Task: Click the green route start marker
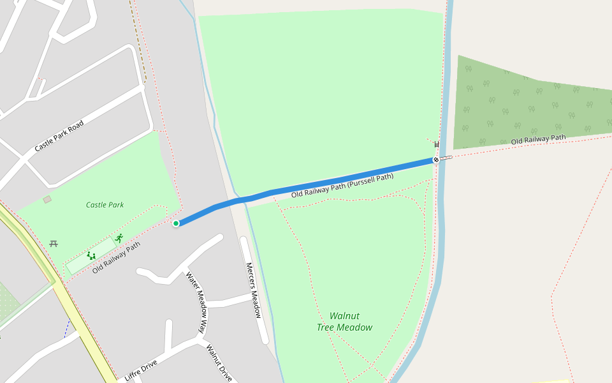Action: click(176, 223)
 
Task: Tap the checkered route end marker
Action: click(436, 160)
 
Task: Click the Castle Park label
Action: click(105, 205)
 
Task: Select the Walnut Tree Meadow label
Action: click(344, 322)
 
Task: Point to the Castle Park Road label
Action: click(59, 135)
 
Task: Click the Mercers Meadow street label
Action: click(253, 290)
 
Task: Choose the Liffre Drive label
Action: click(141, 370)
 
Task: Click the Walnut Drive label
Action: click(219, 363)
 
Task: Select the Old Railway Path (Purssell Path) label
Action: click(342, 185)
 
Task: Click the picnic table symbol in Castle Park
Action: click(54, 243)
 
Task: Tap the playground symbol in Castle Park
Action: click(91, 256)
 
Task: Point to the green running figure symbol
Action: click(119, 238)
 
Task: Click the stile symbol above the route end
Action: click(437, 144)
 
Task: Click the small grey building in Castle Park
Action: click(47, 200)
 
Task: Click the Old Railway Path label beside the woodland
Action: click(538, 139)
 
